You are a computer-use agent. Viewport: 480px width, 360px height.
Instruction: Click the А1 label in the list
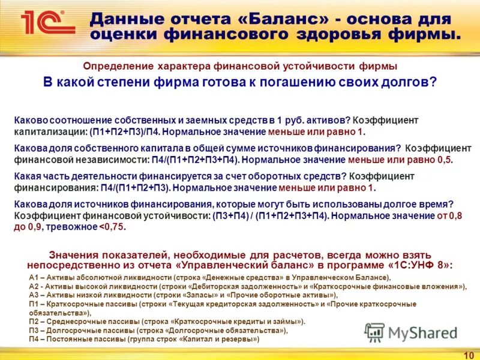pyautogui.click(x=34, y=277)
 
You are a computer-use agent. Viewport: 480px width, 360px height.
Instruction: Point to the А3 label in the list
pyautogui.click(x=34, y=295)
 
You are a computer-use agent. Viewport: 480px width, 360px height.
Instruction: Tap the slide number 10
pyautogui.click(x=468, y=355)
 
